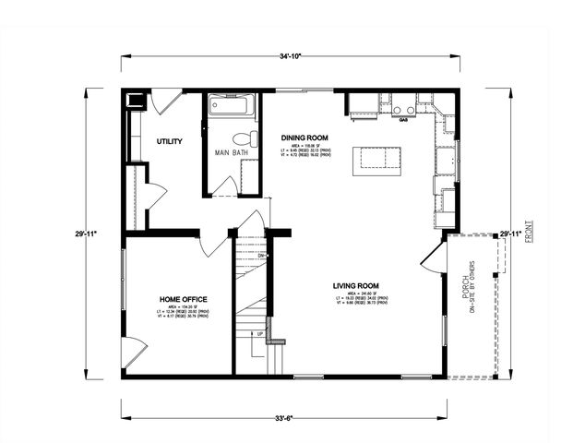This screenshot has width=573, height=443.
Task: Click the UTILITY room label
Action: tap(169, 141)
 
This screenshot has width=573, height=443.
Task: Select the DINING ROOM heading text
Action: tap(304, 137)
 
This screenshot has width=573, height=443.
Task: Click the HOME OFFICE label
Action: tap(183, 299)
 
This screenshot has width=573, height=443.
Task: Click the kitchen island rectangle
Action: tap(377, 158)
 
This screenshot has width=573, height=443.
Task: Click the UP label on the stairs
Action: tap(260, 333)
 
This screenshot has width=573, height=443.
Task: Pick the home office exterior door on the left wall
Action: tap(134, 353)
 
